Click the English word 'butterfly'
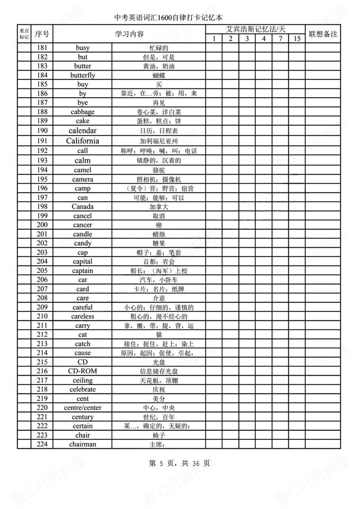83,75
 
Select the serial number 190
42,131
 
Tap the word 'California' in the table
83,141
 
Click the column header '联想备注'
323,34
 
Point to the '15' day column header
297,38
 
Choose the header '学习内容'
130,34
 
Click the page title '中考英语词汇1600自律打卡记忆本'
168,17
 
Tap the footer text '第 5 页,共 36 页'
179,463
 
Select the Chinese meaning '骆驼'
159,170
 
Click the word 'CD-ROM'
83,371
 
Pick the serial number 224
42,444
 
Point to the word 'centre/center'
83,408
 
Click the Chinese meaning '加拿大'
159,207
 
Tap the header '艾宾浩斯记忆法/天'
255,29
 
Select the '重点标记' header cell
24,34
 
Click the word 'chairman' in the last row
83,444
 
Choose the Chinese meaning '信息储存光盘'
159,371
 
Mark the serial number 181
42,48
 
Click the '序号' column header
42,34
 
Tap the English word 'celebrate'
83,389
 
